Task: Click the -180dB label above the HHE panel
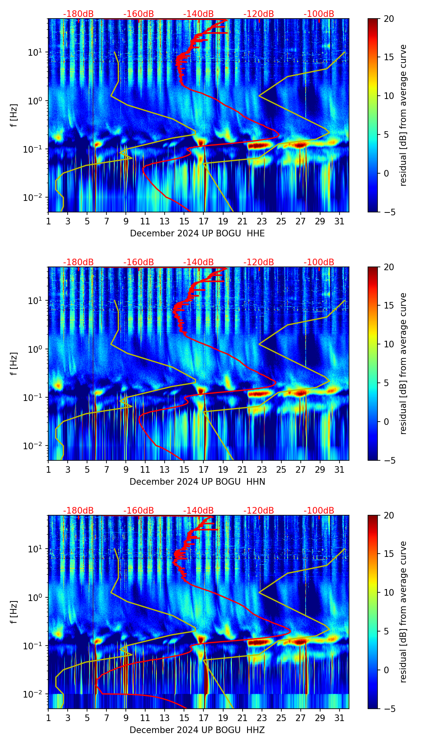coord(78,14)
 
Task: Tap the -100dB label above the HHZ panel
coord(319,511)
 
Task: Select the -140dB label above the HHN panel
coord(198,262)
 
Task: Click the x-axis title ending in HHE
coord(197,233)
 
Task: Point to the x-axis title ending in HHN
coord(197,482)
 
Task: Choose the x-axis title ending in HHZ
coord(197,730)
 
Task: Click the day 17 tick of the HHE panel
coord(204,221)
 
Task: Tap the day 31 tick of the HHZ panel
coord(340,718)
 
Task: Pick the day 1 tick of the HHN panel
coord(48,469)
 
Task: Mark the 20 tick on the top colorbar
coord(389,19)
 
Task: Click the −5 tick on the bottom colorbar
coord(389,709)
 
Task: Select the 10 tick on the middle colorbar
coord(389,344)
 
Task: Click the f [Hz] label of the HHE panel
coord(14,116)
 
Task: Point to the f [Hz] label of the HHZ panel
coord(14,612)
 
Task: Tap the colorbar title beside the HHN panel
coord(403,363)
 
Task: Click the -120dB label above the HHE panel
coord(259,14)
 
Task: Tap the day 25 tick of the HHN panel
coord(281,469)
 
